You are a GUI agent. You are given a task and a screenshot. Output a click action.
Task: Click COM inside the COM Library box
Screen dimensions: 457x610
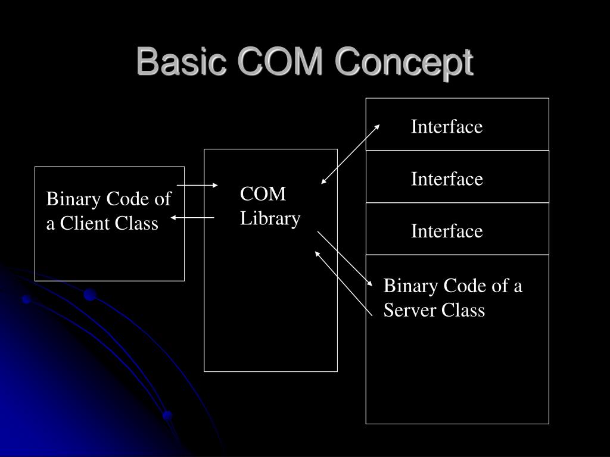263,194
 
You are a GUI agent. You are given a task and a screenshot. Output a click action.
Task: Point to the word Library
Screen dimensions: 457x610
270,218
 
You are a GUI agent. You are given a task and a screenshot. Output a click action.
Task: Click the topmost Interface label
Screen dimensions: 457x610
446,127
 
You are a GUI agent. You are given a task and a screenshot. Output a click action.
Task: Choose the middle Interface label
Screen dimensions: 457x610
446,179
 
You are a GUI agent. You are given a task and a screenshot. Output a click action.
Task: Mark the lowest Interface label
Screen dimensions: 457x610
446,231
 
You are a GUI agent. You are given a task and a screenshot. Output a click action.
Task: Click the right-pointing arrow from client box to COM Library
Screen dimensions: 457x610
198,186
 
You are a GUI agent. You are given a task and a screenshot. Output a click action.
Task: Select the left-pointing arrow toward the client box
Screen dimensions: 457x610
192,218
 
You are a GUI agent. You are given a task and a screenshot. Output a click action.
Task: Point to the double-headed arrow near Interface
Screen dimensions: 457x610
350,154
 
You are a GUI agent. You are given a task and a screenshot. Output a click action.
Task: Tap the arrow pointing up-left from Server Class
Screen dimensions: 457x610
343,282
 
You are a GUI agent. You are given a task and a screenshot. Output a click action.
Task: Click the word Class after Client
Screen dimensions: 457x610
138,224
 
